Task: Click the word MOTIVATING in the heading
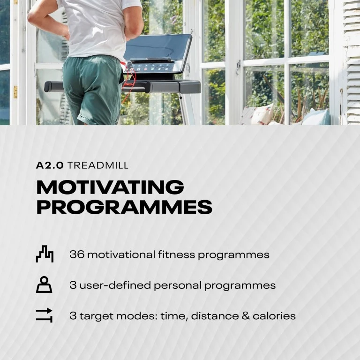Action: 110,187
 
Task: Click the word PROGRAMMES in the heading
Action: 124,207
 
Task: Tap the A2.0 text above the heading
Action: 50,165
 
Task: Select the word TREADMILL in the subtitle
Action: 98,165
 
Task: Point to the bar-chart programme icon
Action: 45,254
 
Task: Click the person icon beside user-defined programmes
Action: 44,285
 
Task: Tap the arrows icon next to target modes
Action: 44,315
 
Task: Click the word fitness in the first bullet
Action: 176,255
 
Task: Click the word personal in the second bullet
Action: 178,286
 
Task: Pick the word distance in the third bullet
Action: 215,316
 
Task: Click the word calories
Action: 274,316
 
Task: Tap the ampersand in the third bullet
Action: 246,316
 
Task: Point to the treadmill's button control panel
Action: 152,67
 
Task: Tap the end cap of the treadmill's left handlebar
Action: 48,87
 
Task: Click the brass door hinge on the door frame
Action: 15,92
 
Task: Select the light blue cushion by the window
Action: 316,117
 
